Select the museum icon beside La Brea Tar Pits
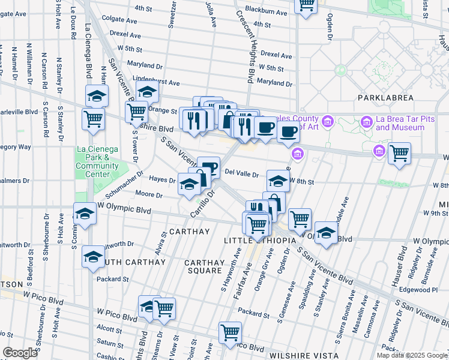click(366, 123)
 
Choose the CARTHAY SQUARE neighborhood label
click(203, 267)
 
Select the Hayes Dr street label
click(161, 179)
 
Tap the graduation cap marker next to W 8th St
click(278, 181)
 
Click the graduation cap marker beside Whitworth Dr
click(94, 257)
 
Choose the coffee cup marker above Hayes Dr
click(208, 167)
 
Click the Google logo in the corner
click(20, 352)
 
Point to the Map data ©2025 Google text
click(412, 355)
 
